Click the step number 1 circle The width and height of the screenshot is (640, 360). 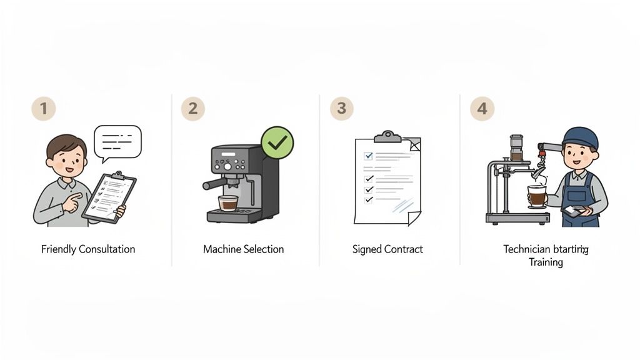pyautogui.click(x=43, y=108)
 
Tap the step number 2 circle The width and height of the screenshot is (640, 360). pyautogui.click(x=192, y=108)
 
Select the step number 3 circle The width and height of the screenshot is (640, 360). pyautogui.click(x=341, y=108)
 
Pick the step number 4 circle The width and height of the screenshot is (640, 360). pyautogui.click(x=482, y=108)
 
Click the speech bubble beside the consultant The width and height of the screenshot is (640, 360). pyautogui.click(x=117, y=141)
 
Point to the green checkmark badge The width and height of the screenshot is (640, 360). pyautogui.click(x=277, y=142)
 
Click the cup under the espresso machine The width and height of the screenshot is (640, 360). pyautogui.click(x=228, y=202)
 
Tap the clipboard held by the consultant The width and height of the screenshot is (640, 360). pyautogui.click(x=109, y=197)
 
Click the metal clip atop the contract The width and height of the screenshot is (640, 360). pyautogui.click(x=387, y=137)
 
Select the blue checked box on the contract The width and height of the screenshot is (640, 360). pyautogui.click(x=369, y=156)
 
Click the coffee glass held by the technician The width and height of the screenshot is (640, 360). pyautogui.click(x=536, y=196)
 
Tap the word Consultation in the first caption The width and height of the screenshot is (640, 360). pyautogui.click(x=107, y=249)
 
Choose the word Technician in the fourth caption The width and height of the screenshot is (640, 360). pyautogui.click(x=526, y=249)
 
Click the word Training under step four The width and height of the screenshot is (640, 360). pyautogui.click(x=546, y=262)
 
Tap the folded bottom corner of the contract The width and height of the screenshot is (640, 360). pyautogui.click(x=414, y=217)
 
